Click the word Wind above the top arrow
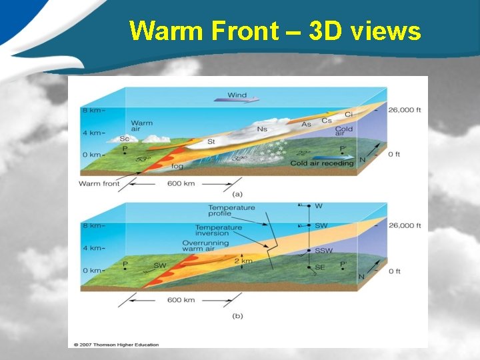[x=237, y=95]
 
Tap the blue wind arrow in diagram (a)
[x=237, y=101]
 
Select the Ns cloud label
[x=263, y=128]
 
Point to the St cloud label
[x=211, y=141]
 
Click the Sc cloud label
[x=123, y=139]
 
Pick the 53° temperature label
[x=141, y=159]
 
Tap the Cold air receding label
[x=322, y=163]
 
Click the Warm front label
[x=99, y=183]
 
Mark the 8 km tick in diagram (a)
[x=92, y=109]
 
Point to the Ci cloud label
[x=347, y=115]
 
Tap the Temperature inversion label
[x=218, y=231]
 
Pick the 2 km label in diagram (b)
[x=243, y=261]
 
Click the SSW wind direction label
[x=323, y=251]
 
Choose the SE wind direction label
[x=321, y=267]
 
